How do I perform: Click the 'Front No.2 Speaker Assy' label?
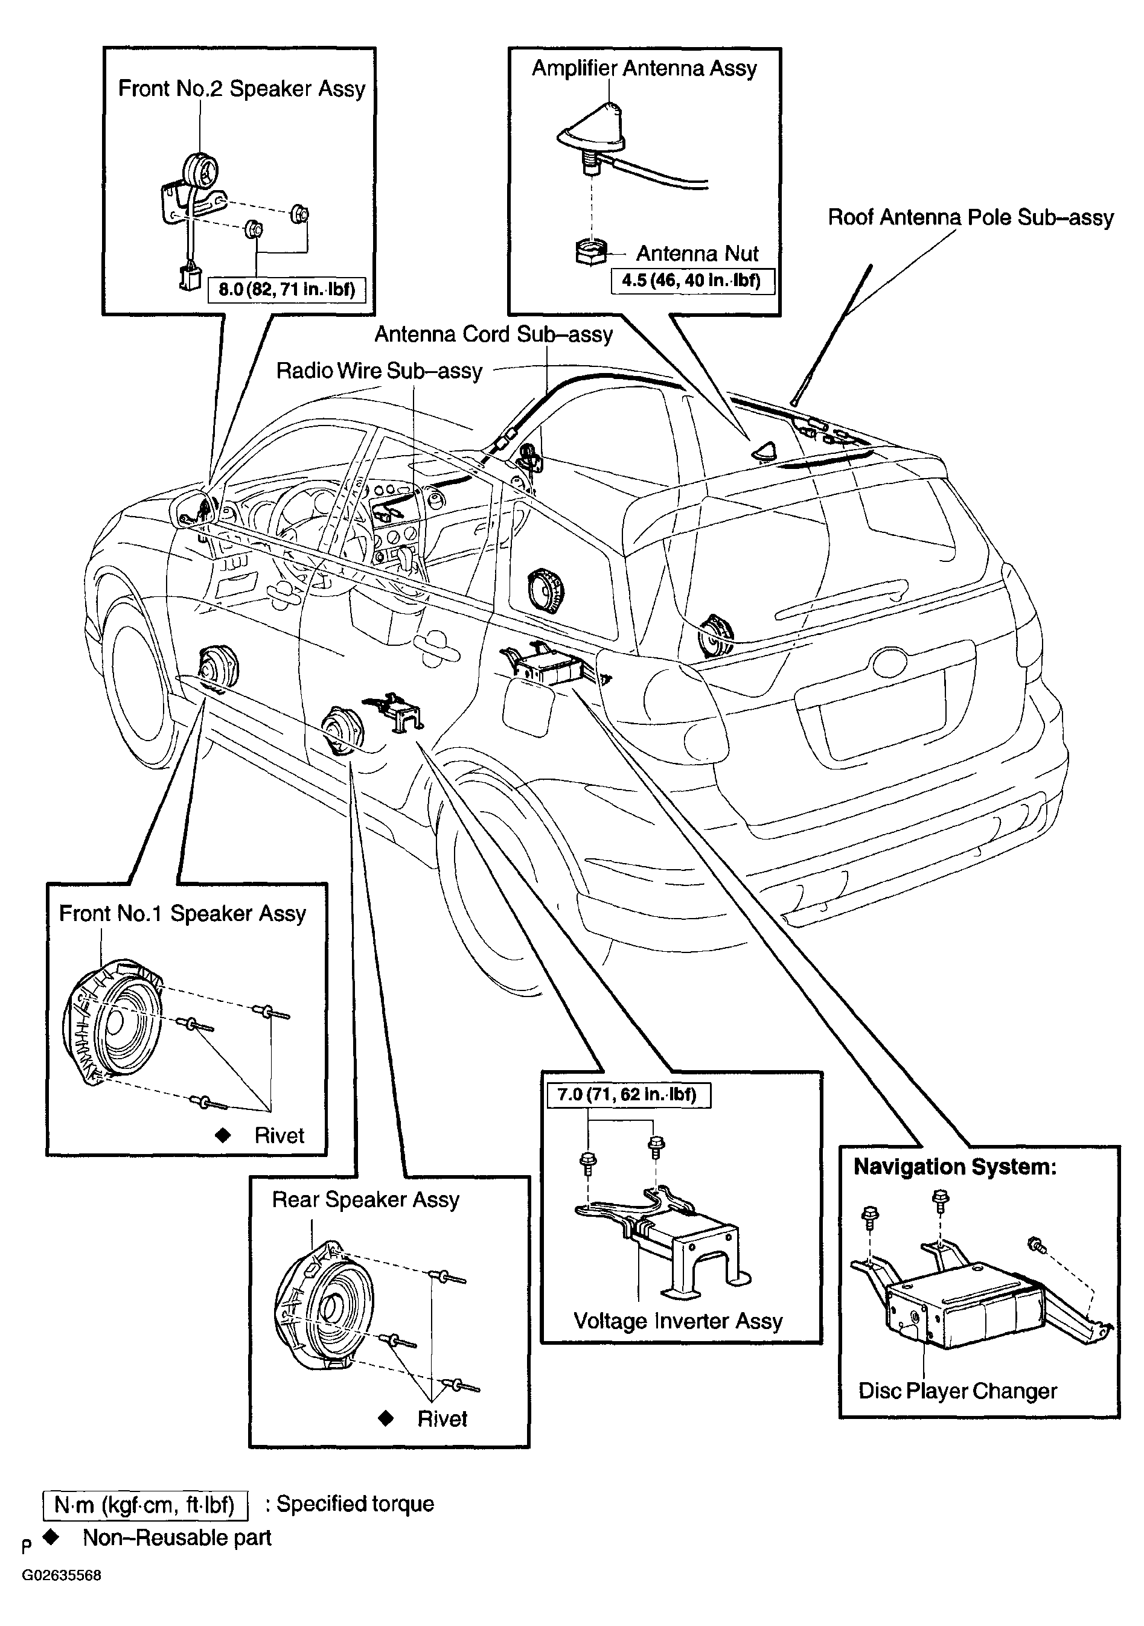[x=241, y=89]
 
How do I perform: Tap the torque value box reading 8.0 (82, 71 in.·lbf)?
[x=286, y=289]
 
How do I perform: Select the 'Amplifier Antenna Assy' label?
[x=644, y=69]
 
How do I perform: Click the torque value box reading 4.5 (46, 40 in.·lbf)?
[x=692, y=281]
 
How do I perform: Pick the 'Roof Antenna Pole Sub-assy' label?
[x=971, y=217]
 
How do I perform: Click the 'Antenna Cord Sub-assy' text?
[x=493, y=334]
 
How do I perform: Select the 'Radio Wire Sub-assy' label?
[x=379, y=371]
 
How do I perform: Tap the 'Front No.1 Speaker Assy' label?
[x=182, y=914]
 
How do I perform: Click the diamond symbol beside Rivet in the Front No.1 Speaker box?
[x=223, y=1135]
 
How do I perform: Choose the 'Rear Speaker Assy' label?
[x=365, y=1200]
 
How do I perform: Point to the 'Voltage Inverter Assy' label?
[x=678, y=1321]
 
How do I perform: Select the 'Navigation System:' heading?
[x=955, y=1166]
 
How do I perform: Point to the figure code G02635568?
[x=61, y=1576]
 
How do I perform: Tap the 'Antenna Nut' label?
[x=697, y=253]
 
